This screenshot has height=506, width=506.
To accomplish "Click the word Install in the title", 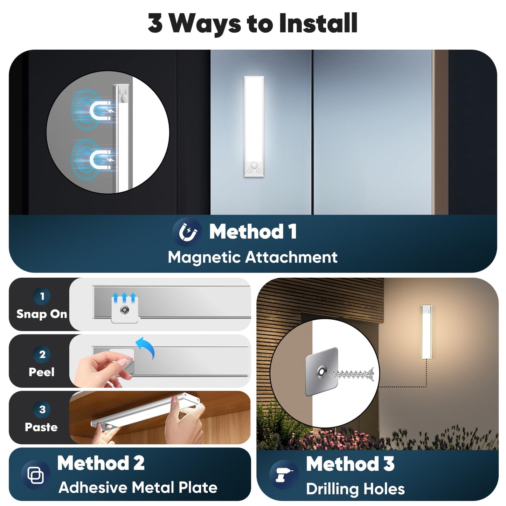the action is (x=318, y=23).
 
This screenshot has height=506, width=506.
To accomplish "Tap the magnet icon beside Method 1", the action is (x=187, y=232).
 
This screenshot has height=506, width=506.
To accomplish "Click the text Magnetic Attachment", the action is (x=252, y=257).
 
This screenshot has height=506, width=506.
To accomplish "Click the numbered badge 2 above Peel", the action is (x=42, y=355).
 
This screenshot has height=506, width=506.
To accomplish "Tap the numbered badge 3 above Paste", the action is (x=42, y=409).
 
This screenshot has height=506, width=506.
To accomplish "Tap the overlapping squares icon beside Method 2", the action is (x=36, y=475).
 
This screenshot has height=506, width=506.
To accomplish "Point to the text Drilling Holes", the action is (x=355, y=489).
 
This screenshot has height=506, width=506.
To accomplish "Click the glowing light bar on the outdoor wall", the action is (x=427, y=332).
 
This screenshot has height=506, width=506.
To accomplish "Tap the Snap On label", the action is (x=42, y=314).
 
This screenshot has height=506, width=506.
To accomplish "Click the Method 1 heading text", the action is (x=253, y=231).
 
